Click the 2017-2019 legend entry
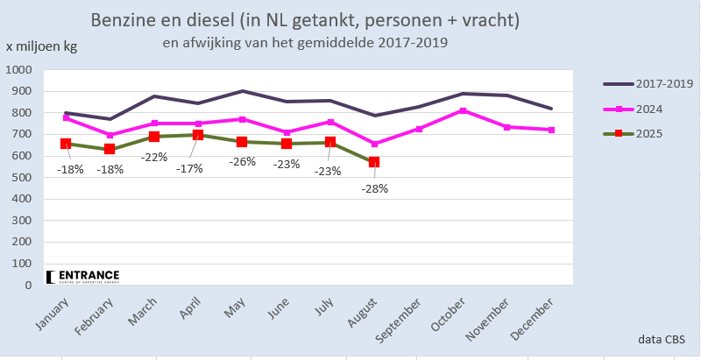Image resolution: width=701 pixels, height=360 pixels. (x=648, y=83)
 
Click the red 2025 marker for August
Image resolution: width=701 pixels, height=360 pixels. (x=374, y=162)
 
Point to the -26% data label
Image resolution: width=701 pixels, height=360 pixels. (x=243, y=161)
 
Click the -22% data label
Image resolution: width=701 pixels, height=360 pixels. (x=156, y=157)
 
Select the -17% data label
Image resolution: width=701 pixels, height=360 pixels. (x=188, y=167)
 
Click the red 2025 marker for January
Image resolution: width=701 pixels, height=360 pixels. (x=66, y=144)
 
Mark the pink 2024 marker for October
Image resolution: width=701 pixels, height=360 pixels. (x=463, y=111)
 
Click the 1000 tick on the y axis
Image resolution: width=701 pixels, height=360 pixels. (x=18, y=70)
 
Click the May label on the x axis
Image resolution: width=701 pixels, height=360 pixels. (x=233, y=310)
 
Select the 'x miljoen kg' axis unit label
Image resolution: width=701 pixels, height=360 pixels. (x=41, y=46)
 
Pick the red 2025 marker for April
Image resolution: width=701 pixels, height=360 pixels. (x=198, y=135)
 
